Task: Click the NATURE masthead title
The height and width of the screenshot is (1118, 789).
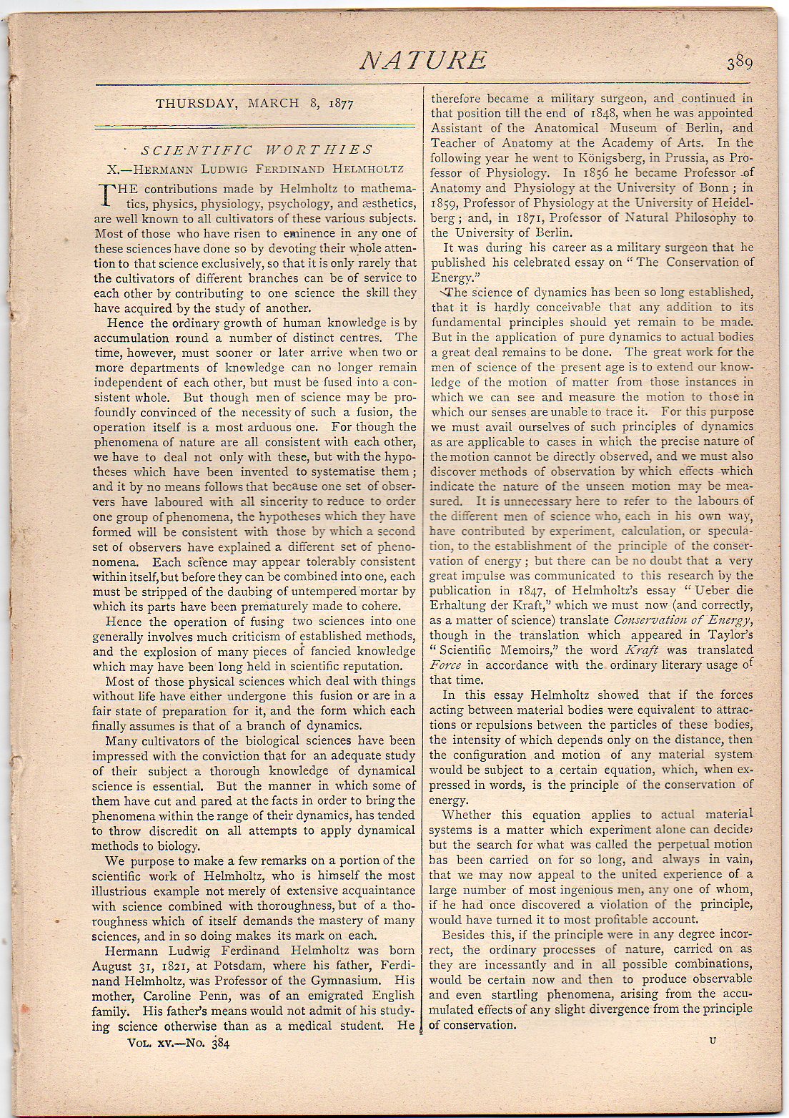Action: click(x=424, y=61)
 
